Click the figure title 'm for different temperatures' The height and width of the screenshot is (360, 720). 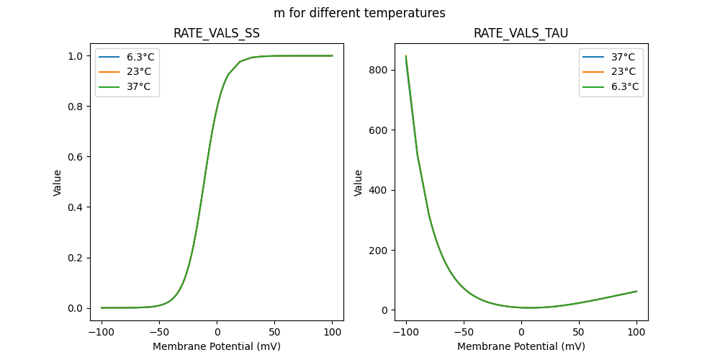tap(359, 13)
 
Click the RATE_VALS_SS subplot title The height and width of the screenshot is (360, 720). tap(217, 33)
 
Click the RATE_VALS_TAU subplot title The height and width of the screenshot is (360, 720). tap(521, 33)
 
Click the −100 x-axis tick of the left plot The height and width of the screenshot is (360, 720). tap(102, 331)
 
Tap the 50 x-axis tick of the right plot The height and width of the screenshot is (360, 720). tap(579, 331)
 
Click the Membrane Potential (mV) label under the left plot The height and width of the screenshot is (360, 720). tap(217, 346)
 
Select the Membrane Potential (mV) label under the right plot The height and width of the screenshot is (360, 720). tap(521, 346)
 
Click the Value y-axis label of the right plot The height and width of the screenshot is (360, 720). tap(358, 183)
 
